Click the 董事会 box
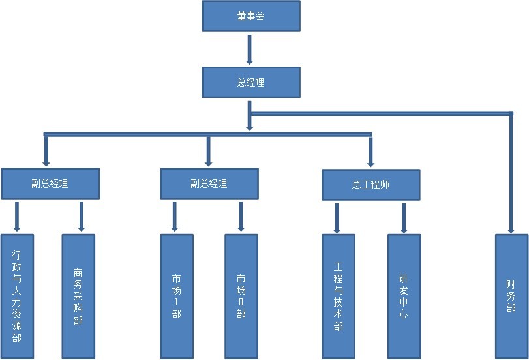coord(250,16)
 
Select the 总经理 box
coord(250,83)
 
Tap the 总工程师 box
coord(370,184)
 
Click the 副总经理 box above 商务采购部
coord(50,183)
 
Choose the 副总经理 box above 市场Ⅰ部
coord(209,183)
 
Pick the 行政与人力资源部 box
coord(17,296)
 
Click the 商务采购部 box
coord(78,296)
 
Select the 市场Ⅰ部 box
coord(177,296)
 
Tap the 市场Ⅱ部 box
coord(241,296)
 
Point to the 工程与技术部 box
coord(338,296)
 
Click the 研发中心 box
coord(404,296)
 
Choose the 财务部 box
coord(511,296)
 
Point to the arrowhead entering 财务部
coord(511,228)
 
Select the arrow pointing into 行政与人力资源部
coord(17,217)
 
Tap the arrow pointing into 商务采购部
coord(81,217)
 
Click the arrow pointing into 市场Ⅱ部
coord(241,217)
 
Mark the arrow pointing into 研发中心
coord(404,218)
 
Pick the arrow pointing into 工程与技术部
coord(337,218)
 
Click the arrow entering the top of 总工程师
coord(370,151)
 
